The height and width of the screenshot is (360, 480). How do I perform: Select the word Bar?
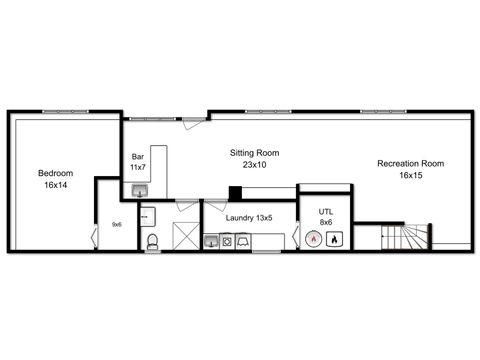(x=139, y=156)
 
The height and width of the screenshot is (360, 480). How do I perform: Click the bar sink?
(x=142, y=192)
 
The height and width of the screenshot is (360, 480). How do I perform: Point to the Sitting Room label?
(x=255, y=153)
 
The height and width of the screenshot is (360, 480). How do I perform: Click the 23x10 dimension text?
(x=255, y=165)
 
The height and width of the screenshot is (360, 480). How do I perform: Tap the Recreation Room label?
(x=410, y=163)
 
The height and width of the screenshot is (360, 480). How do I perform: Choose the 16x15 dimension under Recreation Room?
(x=410, y=175)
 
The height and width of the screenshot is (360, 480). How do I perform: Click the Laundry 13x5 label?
(x=248, y=217)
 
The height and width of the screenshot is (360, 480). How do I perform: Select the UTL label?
(x=326, y=212)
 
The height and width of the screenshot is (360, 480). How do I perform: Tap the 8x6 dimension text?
(x=326, y=223)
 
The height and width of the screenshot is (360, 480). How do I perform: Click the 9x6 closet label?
(x=116, y=224)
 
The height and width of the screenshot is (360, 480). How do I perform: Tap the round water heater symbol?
(x=314, y=240)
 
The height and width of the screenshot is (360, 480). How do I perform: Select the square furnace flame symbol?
(x=335, y=240)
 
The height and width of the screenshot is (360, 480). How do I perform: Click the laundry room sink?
(x=211, y=241)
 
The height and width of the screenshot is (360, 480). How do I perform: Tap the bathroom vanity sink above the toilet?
(x=150, y=214)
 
